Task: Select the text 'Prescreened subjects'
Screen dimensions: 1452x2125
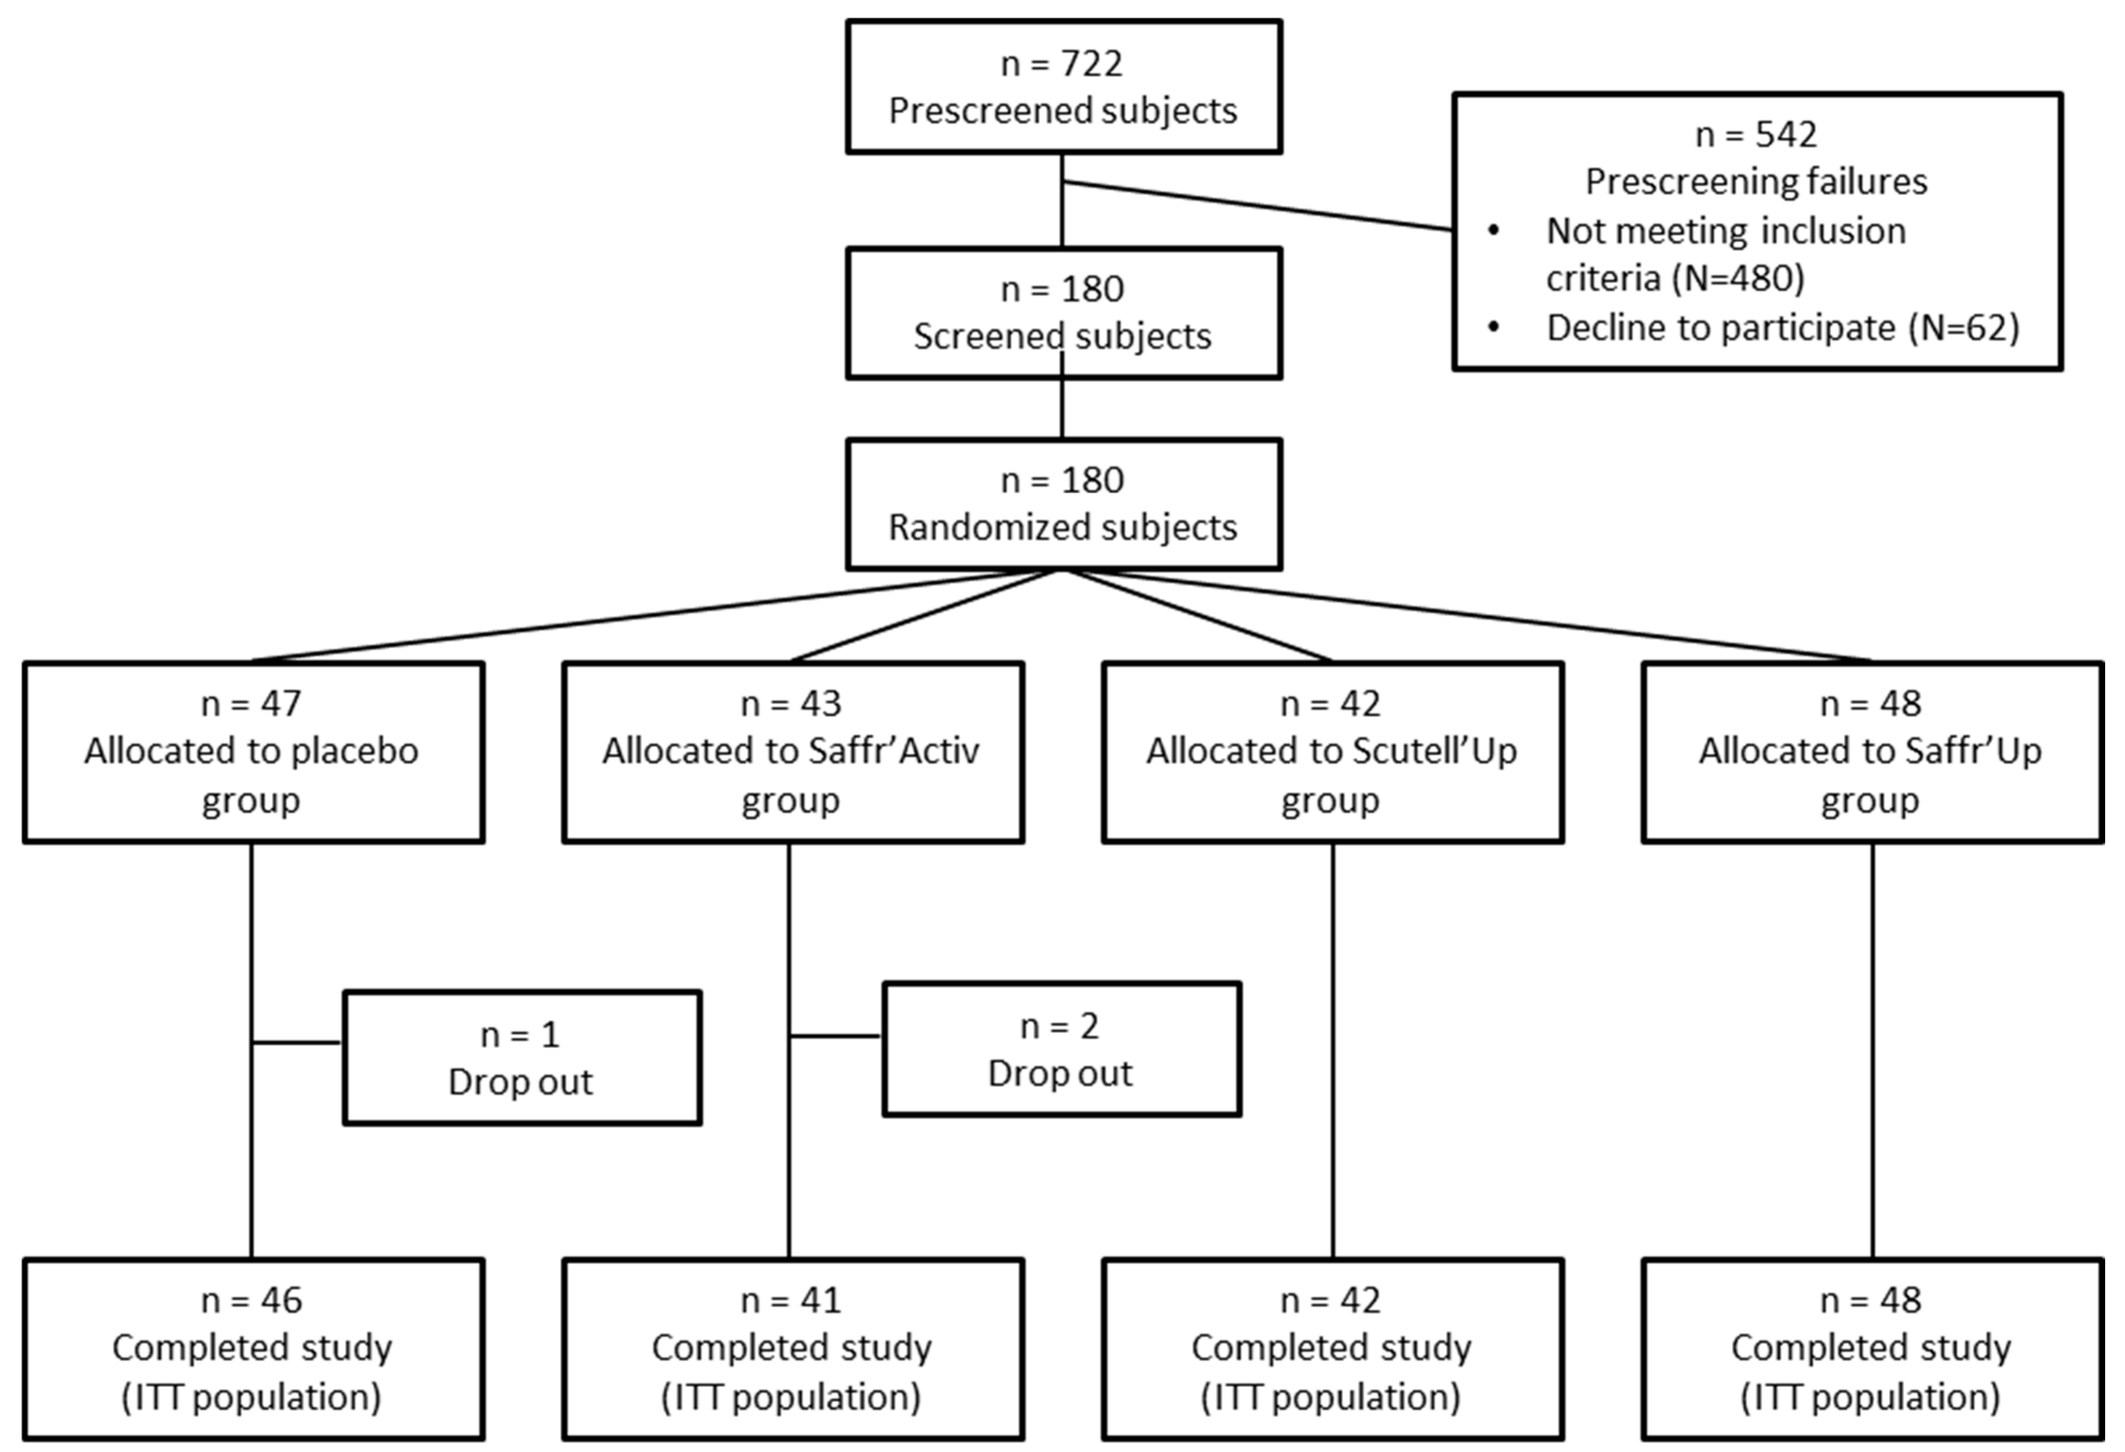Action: (1062, 111)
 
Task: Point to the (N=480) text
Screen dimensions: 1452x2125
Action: (1738, 278)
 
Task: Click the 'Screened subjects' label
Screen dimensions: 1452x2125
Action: (1062, 336)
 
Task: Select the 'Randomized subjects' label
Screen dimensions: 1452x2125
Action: (1062, 528)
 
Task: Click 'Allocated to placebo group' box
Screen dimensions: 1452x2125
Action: (253, 752)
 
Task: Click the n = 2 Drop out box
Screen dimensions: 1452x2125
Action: (1061, 1050)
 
